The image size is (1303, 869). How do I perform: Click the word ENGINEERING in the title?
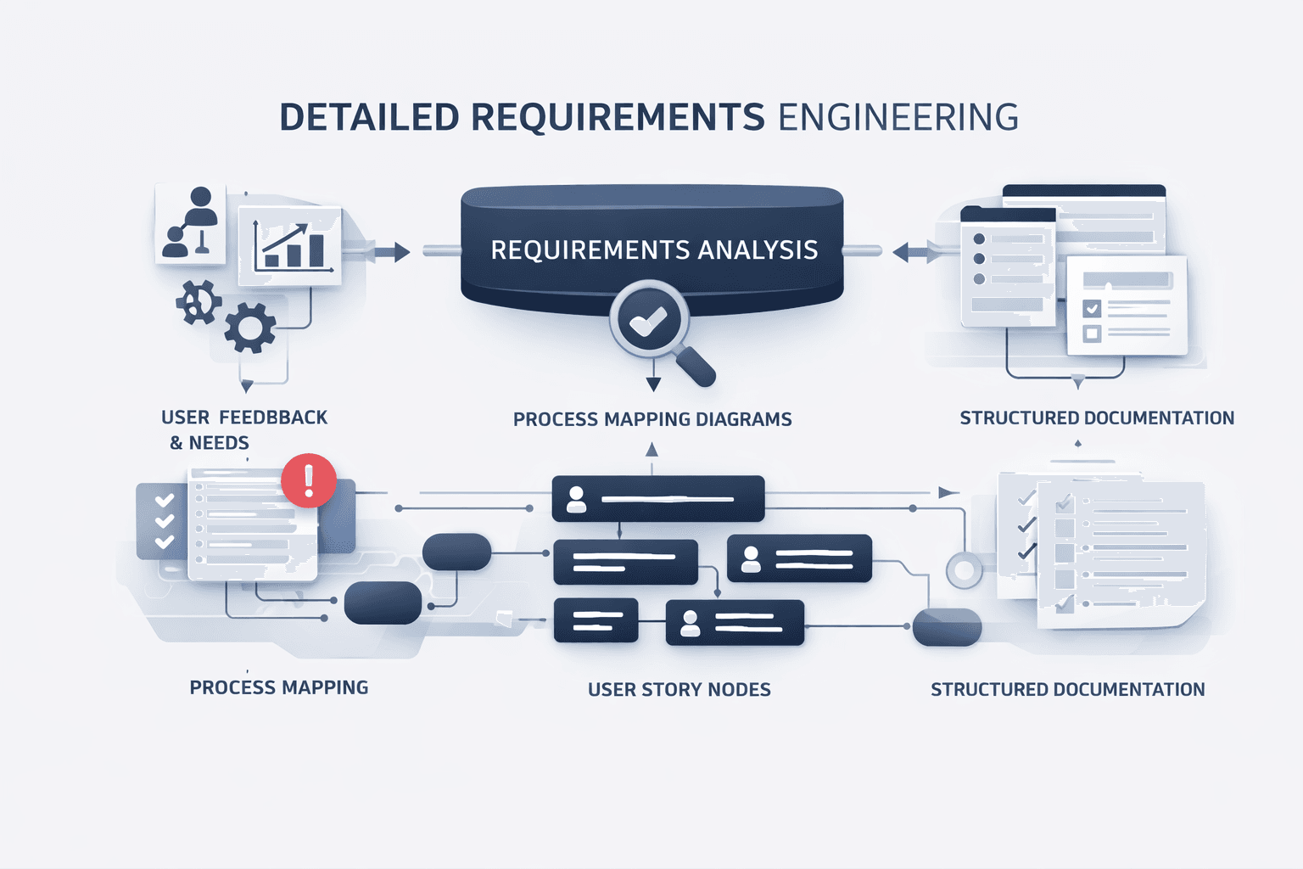[x=898, y=118]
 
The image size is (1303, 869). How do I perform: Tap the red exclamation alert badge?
[x=309, y=480]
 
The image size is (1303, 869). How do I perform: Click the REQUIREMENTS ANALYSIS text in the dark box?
[x=654, y=250]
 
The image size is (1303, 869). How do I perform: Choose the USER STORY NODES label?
[x=679, y=690]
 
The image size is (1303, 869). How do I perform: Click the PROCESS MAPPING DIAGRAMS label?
[x=652, y=419]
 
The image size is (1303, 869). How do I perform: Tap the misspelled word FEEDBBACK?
[x=273, y=418]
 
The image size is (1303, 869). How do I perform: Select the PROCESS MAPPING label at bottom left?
[x=279, y=687]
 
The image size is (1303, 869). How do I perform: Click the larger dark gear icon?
[x=250, y=327]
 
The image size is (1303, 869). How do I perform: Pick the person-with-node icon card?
[x=191, y=223]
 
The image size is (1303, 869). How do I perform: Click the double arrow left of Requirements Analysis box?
[x=390, y=251]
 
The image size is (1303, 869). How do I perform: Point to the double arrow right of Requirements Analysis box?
[x=913, y=251]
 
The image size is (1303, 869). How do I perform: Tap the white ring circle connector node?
[x=964, y=570]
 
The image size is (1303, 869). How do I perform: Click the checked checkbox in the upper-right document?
[x=1092, y=308]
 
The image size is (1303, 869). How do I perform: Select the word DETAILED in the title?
[x=369, y=118]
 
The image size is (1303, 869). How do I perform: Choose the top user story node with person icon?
[x=657, y=499]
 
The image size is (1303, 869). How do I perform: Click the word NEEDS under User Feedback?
[x=219, y=443]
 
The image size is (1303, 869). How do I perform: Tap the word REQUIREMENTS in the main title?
[x=618, y=118]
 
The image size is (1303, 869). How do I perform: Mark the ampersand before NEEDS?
[x=176, y=443]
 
